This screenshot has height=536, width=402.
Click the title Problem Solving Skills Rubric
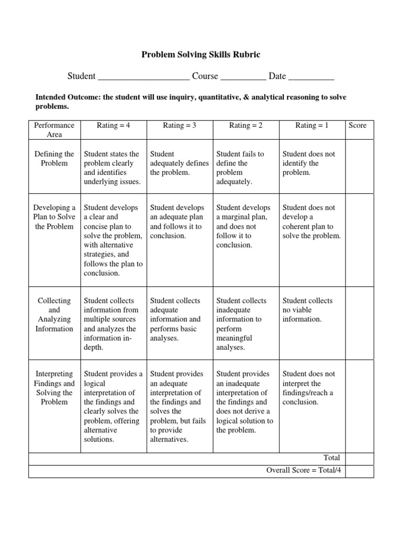(x=201, y=54)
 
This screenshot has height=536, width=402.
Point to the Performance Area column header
(x=54, y=130)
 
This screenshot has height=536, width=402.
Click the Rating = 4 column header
(x=114, y=126)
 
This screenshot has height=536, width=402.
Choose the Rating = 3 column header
(x=180, y=126)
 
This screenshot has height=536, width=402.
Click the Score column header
(x=358, y=126)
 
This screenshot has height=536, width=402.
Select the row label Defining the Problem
(x=54, y=159)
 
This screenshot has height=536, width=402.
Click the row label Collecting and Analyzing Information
(x=54, y=315)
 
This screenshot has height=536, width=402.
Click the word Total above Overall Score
(x=331, y=457)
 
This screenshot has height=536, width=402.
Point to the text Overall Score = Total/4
(x=303, y=470)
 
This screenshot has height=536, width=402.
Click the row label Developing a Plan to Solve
(x=54, y=217)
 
